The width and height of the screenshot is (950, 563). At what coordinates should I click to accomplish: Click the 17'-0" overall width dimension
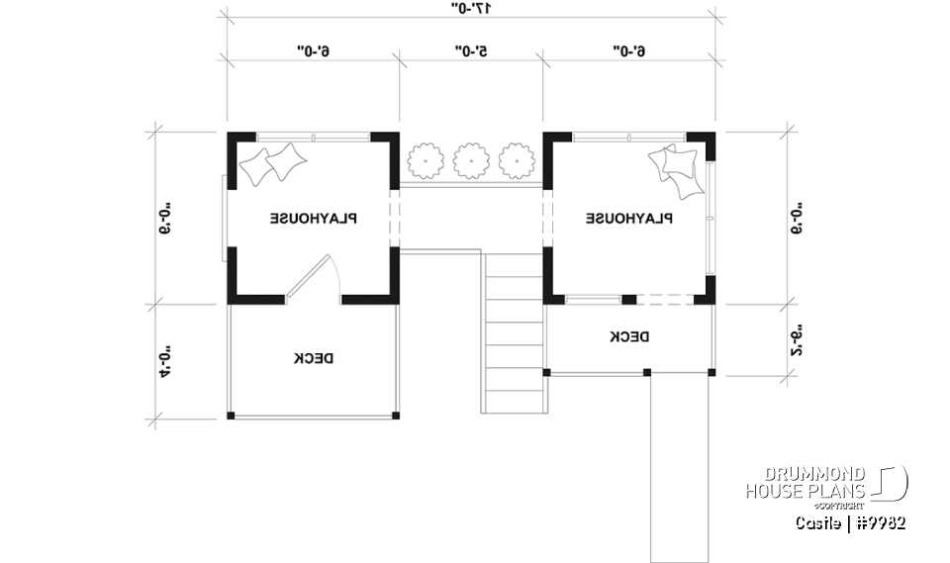470,8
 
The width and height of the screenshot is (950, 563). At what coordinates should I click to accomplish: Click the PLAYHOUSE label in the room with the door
316,219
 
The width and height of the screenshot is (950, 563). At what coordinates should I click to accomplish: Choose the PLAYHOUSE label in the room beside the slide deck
629,219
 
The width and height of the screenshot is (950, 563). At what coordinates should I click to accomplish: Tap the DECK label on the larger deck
313,358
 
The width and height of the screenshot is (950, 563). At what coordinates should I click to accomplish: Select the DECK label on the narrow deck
629,337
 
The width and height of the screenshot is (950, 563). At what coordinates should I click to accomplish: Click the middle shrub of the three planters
470,159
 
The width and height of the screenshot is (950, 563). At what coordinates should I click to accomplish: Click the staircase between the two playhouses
514,332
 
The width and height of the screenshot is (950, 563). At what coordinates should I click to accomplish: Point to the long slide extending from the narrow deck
679,465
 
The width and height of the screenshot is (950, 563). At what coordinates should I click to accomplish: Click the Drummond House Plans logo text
807,483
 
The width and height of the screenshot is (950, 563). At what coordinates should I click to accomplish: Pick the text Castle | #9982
850,521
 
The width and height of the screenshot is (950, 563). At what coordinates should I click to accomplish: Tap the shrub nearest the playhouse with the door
425,159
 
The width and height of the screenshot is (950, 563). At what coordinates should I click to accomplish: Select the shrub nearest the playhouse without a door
515,159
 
